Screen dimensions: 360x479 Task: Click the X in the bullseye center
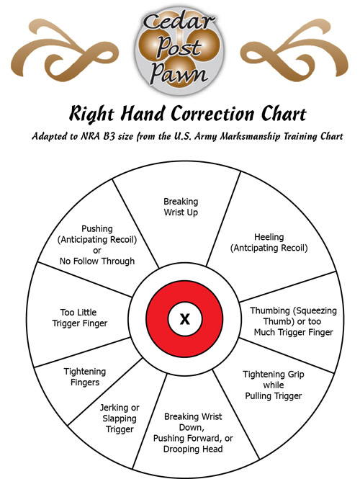point(185,319)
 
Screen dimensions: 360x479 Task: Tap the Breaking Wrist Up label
point(181,207)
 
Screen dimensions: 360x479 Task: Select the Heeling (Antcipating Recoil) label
point(269,243)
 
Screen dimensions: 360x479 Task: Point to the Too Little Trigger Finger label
point(79,318)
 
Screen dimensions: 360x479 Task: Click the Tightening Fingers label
point(85,377)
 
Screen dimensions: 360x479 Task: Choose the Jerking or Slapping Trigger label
point(120,418)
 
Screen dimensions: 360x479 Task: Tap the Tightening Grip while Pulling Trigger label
point(274,385)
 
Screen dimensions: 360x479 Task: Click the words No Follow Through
point(97,261)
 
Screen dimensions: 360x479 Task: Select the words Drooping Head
point(193,449)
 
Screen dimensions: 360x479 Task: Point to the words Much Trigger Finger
point(294,332)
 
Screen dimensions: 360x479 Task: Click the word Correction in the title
point(212,114)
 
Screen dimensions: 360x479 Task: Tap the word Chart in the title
point(284,114)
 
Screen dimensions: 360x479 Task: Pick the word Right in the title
point(91,115)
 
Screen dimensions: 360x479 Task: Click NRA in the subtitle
point(90,136)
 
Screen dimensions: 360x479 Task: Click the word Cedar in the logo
point(179,22)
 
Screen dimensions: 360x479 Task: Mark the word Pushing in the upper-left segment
point(97,229)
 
